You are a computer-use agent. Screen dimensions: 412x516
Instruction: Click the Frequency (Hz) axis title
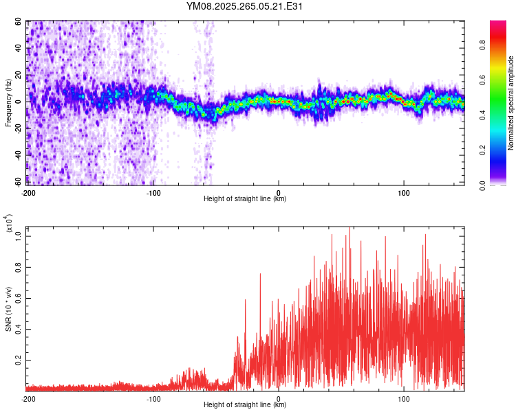click(x=8, y=103)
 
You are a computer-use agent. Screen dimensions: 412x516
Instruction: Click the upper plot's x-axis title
click(x=246, y=199)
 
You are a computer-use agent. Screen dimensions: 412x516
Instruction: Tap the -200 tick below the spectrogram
click(x=28, y=192)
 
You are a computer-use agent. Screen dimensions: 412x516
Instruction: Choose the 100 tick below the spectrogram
click(x=404, y=192)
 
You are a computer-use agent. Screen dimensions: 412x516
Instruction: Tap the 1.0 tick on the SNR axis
click(x=19, y=236)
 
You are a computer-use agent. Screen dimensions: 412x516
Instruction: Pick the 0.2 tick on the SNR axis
click(x=19, y=359)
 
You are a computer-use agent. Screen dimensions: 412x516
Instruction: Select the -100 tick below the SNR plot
click(x=153, y=398)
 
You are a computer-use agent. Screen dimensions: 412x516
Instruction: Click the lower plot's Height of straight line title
click(x=246, y=405)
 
